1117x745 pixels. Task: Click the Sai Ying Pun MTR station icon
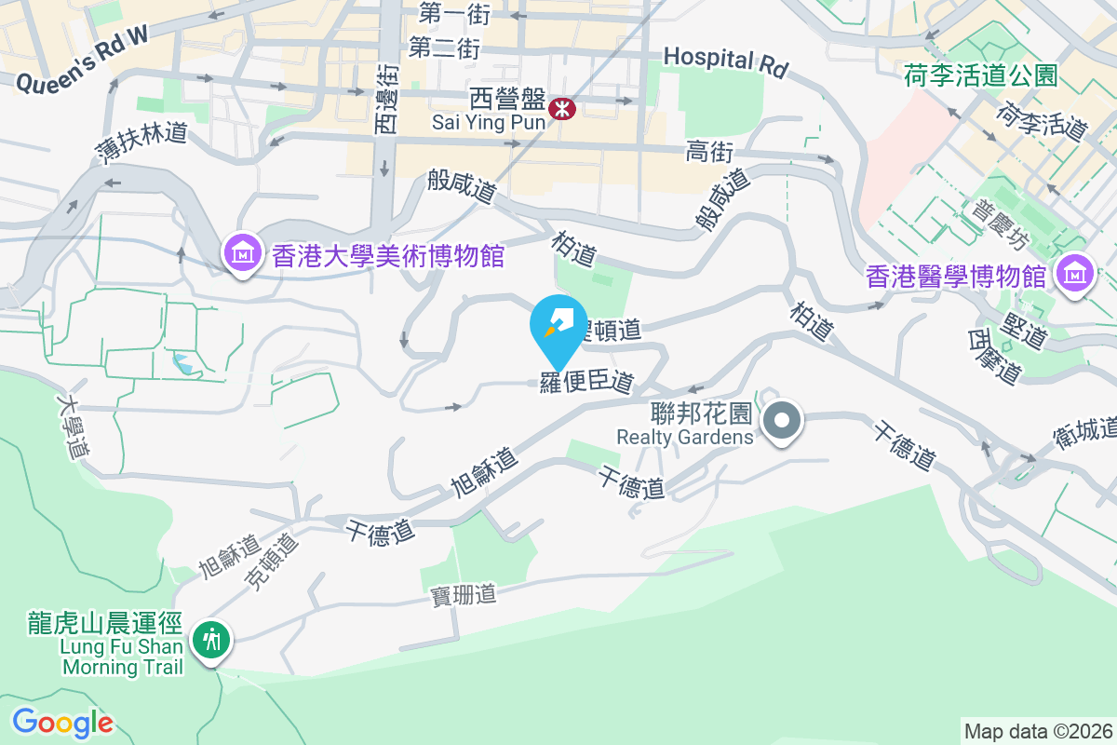(x=562, y=109)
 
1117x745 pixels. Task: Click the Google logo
(x=62, y=723)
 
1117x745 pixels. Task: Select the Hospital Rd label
(x=725, y=61)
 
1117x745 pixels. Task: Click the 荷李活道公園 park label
(x=980, y=76)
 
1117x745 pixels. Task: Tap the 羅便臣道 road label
(x=586, y=382)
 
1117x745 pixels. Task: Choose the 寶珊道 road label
(x=464, y=593)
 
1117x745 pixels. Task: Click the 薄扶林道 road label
(x=141, y=142)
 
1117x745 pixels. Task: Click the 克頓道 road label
(x=272, y=562)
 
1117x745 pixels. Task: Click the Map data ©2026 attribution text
(x=1038, y=731)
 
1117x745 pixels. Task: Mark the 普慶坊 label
(x=1001, y=225)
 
